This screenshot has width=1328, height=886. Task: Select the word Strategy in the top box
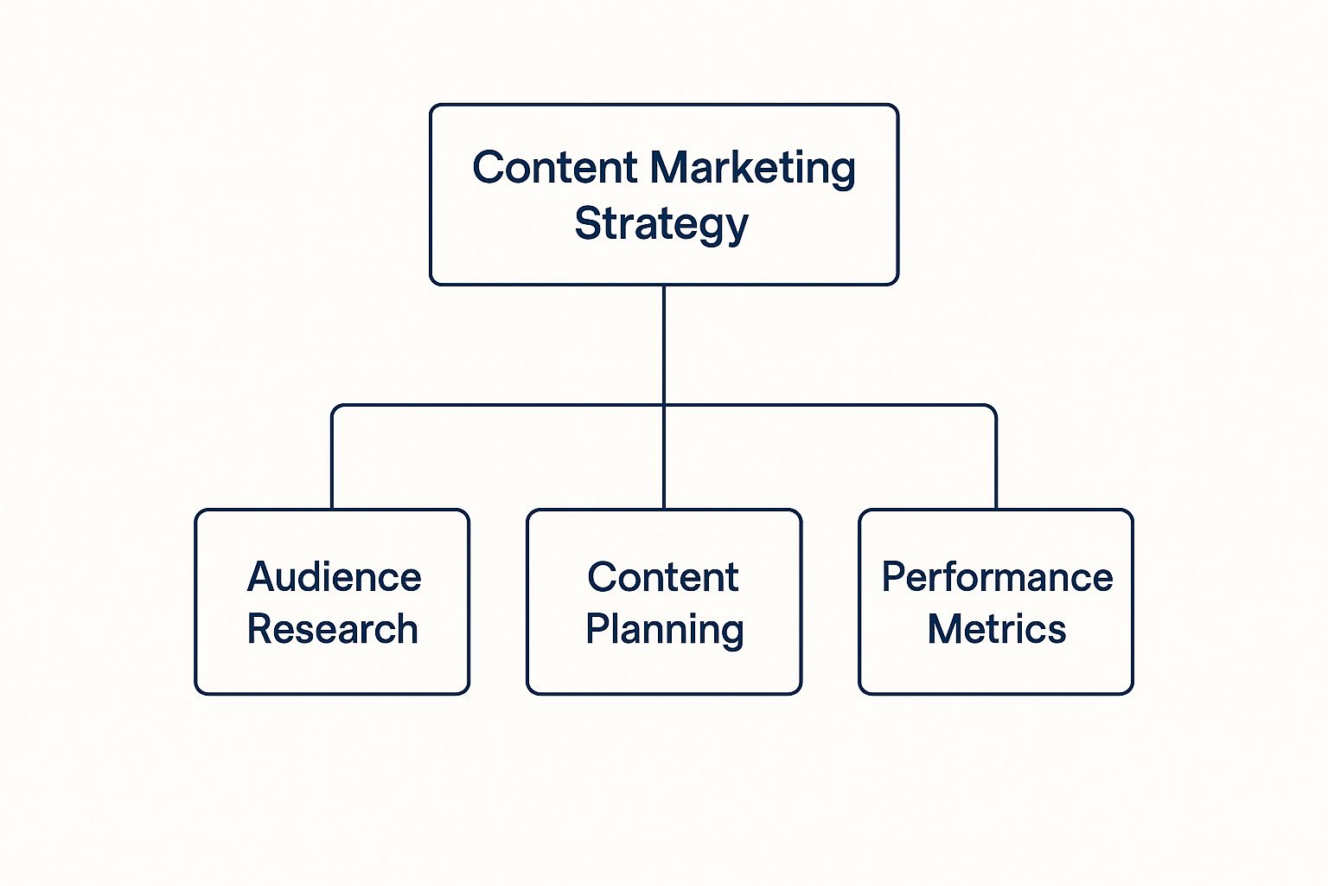661,224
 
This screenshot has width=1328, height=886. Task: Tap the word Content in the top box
554,168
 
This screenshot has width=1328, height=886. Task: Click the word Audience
335,577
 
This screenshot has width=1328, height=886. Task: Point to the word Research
333,629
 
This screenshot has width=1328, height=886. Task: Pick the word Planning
664,630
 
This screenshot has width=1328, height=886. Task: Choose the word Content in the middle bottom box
663,577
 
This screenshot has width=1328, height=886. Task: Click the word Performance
997,577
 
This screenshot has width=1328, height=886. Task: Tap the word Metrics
997,629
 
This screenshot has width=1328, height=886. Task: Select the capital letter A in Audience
261,577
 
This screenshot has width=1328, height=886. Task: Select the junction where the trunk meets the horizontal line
664,405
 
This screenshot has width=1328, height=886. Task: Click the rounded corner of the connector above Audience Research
336,408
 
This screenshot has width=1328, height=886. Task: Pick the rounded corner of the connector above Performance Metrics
993,408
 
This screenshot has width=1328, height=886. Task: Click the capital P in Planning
597,629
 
